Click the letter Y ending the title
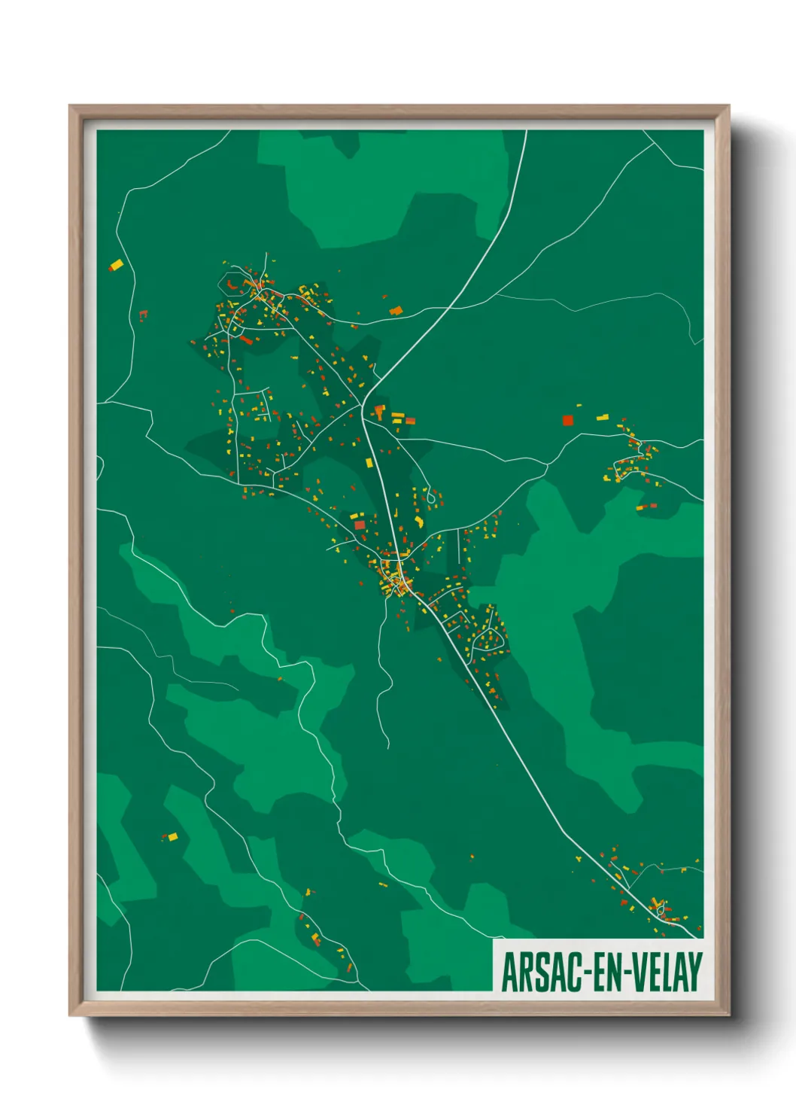pyautogui.click(x=694, y=972)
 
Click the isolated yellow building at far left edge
pyautogui.click(x=116, y=265)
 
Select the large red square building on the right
pyautogui.click(x=568, y=420)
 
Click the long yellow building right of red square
pyautogui.click(x=603, y=417)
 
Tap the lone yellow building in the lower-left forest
pyautogui.click(x=172, y=836)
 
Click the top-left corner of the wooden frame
pyautogui.click(x=70, y=106)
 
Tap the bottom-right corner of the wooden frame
pyautogui.click(x=728, y=1015)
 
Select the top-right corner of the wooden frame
pyautogui.click(x=728, y=106)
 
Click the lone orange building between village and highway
pyautogui.click(x=396, y=309)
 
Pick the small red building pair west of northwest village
pyautogui.click(x=143, y=314)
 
